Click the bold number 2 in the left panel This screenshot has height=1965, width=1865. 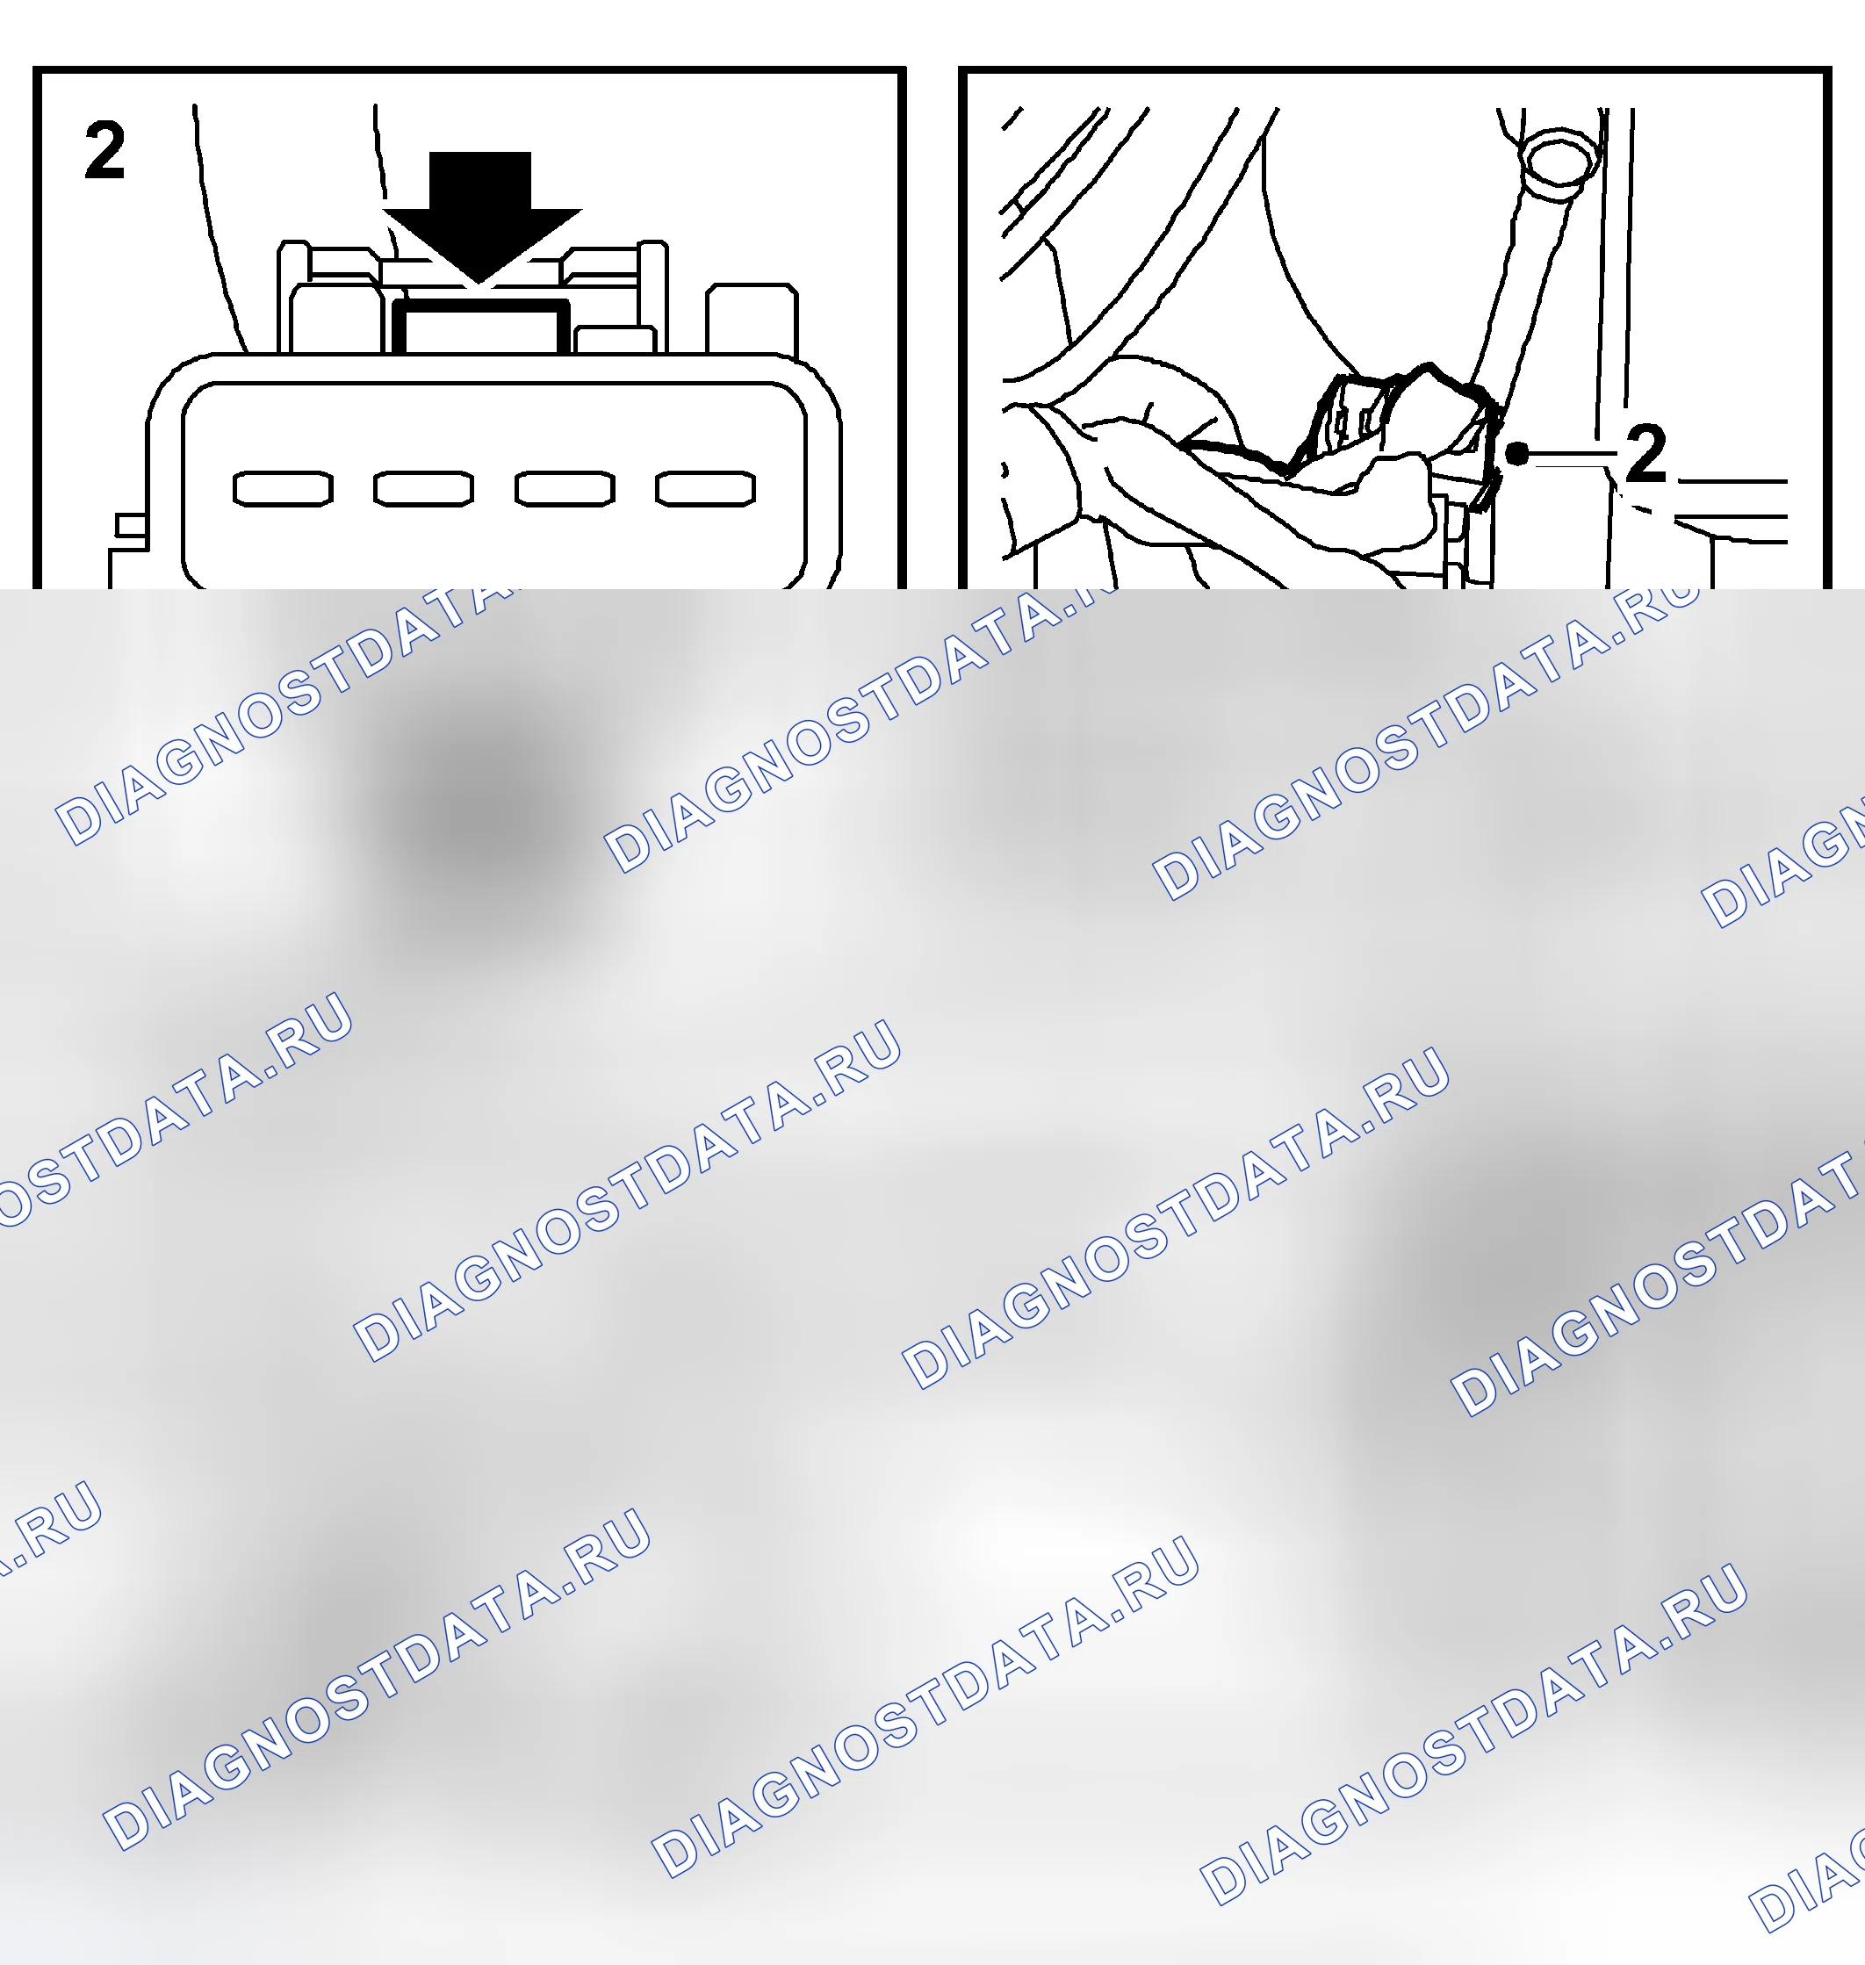pos(105,150)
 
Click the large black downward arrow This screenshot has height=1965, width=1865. pos(481,219)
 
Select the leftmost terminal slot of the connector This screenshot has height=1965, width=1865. pos(284,488)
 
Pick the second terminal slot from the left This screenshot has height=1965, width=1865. pos(423,488)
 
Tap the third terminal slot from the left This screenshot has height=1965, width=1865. pos(565,488)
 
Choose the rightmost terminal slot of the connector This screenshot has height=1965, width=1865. pos(706,488)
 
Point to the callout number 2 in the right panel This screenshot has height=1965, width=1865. pos(1645,453)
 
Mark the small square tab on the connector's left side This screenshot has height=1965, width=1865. pos(131,525)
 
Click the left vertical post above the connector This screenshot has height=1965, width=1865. pos(292,296)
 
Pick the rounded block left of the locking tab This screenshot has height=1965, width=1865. pos(336,319)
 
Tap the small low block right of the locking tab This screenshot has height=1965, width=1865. pos(615,340)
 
